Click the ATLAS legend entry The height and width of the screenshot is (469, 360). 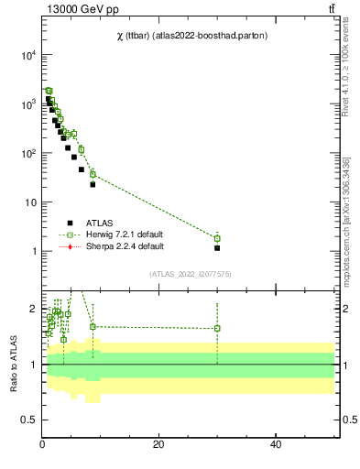[x=100, y=222]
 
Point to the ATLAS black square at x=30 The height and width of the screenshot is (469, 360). [x=217, y=248]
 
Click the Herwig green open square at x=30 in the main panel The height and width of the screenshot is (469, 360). [x=217, y=238]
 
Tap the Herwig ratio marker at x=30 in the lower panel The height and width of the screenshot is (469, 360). [x=217, y=328]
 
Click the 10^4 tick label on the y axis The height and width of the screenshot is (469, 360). [x=27, y=55]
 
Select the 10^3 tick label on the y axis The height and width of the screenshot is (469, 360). [x=27, y=104]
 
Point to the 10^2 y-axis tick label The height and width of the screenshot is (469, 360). [x=27, y=153]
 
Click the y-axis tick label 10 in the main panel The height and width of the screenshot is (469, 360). [x=29, y=202]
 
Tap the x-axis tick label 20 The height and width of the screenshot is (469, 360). [x=158, y=445]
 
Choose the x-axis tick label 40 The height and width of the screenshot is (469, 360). [x=276, y=445]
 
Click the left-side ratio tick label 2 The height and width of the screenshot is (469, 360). [x=32, y=309]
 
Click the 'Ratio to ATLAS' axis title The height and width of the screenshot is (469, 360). [x=14, y=365]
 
